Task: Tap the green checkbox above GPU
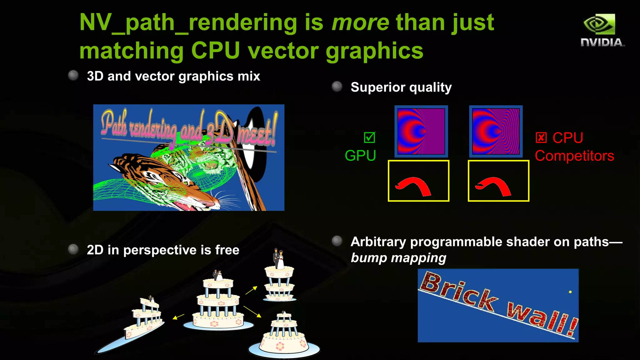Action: coord(369,137)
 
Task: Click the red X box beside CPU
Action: coord(541,137)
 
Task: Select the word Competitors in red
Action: coord(574,156)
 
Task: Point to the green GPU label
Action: coord(360,156)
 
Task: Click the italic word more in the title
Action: coord(360,22)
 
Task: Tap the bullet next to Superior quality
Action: coord(337,87)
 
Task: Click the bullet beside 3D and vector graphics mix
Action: coord(73,75)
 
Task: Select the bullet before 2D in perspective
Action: coord(73,249)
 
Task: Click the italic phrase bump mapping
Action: coord(398,258)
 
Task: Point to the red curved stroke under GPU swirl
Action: coord(414,186)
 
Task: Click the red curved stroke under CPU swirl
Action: coord(494,186)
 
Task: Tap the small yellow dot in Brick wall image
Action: coord(570,292)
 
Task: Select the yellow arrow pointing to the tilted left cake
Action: coord(178,317)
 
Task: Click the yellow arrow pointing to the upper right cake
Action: coord(251,290)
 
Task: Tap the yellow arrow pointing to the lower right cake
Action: coord(252,312)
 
